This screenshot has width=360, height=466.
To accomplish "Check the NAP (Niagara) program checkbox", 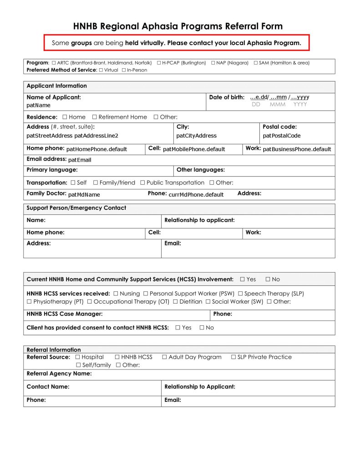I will pyautogui.click(x=213, y=63).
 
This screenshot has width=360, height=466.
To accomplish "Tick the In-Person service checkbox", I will pyautogui.click(x=124, y=70).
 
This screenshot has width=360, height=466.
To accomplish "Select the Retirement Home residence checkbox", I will pyautogui.click(x=94, y=117).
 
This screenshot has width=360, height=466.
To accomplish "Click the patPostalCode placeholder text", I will pyautogui.click(x=282, y=136).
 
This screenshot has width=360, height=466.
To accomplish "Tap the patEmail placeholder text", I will pyautogui.click(x=80, y=160).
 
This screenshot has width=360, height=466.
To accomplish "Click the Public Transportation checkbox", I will pyautogui.click(x=142, y=182).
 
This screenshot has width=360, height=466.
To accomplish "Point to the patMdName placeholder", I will pyautogui.click(x=84, y=195).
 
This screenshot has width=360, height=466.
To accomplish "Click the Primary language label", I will pyautogui.click(x=52, y=170).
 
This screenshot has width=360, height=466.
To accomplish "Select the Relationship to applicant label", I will pyautogui.click(x=199, y=220).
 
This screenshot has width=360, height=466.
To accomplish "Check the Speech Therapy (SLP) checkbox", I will pyautogui.click(x=240, y=294).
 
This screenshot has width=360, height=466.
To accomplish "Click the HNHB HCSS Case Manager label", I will pyautogui.click(x=64, y=314).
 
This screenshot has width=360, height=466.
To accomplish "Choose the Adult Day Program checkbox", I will pyautogui.click(x=164, y=357).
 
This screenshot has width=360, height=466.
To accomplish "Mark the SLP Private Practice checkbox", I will pyautogui.click(x=233, y=357).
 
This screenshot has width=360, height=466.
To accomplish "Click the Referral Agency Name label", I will pyautogui.click(x=59, y=374).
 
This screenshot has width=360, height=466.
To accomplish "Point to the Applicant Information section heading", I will pyautogui.click(x=56, y=86).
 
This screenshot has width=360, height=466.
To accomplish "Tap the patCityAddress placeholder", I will pyautogui.click(x=196, y=136).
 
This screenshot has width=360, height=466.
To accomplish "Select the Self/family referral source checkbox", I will pyautogui.click(x=78, y=365).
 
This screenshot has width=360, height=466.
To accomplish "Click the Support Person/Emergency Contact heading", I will pyautogui.click(x=76, y=208).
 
